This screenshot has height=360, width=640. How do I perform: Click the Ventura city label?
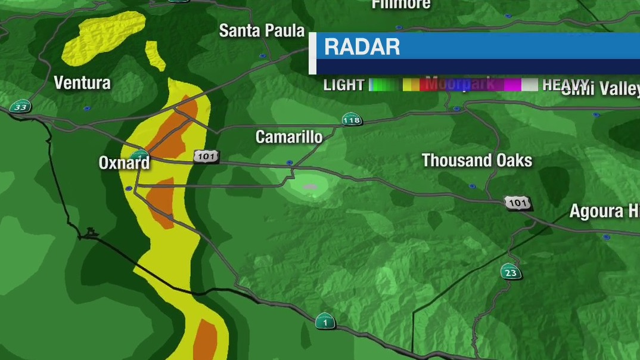[x=82, y=83]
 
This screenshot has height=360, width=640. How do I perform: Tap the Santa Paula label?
[x=262, y=31]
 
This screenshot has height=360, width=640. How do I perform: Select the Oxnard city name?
[x=124, y=163]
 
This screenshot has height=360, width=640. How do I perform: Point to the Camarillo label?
[x=289, y=137]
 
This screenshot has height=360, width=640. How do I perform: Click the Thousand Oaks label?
[x=477, y=160]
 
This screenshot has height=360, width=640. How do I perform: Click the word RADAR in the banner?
[x=362, y=47]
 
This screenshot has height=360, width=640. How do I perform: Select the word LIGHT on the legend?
[x=344, y=85]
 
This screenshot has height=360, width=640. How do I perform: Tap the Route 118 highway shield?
[x=352, y=120]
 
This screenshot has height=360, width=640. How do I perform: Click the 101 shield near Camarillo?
[x=206, y=157]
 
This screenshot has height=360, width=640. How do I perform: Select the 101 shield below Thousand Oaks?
[x=517, y=203]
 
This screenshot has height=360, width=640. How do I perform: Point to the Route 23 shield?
[x=511, y=272]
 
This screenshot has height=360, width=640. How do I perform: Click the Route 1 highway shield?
[x=325, y=321]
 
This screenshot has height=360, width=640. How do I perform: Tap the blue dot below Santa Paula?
[x=263, y=56]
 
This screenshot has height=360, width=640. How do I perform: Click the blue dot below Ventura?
[x=87, y=108]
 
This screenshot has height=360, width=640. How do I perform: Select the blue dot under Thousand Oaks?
[x=472, y=187]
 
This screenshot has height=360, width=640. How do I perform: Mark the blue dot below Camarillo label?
[x=289, y=163]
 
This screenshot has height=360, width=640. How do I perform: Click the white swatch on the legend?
[x=529, y=85]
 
